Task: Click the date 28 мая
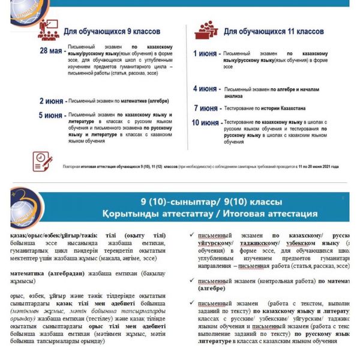[51, 51]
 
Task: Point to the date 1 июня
[205, 54]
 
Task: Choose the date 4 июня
[205, 89]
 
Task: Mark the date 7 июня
[206, 109]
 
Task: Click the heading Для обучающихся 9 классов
[112, 31]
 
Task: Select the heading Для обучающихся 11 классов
[274, 31]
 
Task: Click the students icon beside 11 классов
[206, 29]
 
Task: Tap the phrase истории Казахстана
[287, 108]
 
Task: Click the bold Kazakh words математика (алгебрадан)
[49, 272]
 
